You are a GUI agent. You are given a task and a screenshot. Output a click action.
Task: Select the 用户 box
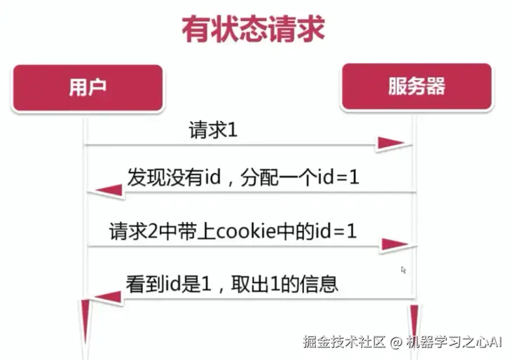point(88,88)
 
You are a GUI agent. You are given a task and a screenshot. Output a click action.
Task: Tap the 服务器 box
point(416,87)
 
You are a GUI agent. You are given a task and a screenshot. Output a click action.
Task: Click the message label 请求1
point(214,130)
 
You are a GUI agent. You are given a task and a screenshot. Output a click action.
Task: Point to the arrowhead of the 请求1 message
point(390,144)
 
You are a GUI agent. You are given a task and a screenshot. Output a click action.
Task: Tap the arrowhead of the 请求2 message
point(395,244)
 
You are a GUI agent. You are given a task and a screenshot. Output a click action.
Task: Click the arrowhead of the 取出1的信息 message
point(107,297)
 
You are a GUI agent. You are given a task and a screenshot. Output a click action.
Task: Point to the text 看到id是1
point(166,285)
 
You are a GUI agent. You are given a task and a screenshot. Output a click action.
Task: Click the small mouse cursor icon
point(404,270)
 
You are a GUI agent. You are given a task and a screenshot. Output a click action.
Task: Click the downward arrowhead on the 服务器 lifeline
point(414,319)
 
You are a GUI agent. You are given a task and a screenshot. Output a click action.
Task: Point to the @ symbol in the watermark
point(396,342)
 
